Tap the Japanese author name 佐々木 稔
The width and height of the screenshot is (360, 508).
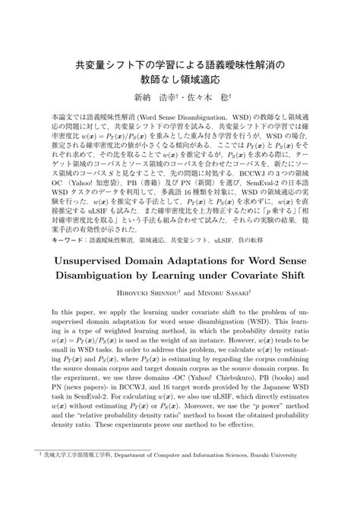[208, 97]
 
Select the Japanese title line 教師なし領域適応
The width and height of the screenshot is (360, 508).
[180, 78]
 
